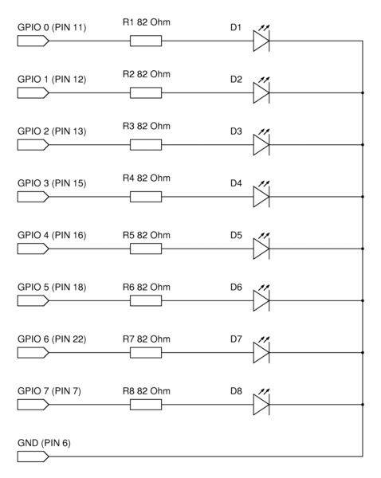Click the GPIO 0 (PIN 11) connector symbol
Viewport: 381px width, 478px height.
tap(33, 41)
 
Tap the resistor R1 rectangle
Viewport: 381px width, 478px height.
tap(146, 41)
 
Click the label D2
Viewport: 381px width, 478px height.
tap(236, 79)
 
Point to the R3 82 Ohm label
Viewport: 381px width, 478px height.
tap(147, 126)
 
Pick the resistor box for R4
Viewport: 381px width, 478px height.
tap(146, 197)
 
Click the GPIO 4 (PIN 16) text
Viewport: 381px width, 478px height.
tap(52, 235)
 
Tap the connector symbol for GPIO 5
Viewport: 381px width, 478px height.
tap(33, 301)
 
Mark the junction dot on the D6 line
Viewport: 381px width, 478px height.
tap(363, 300)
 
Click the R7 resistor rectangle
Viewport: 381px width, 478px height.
tap(146, 353)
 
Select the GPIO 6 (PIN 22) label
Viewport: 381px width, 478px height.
tap(52, 339)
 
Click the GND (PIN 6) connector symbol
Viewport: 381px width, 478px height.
tap(33, 456)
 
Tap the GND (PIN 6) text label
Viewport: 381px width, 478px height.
tap(44, 443)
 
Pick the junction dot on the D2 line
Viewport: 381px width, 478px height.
tap(363, 92)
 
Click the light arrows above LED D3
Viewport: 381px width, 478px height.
tap(264, 131)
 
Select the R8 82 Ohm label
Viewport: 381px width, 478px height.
tap(147, 391)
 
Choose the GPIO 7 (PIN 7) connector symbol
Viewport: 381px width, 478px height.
tap(33, 405)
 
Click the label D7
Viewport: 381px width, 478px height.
tap(236, 339)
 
